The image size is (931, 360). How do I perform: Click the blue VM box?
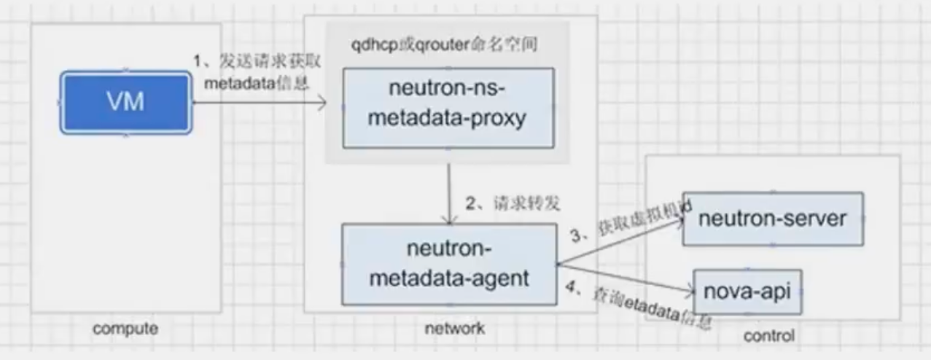click(x=126, y=102)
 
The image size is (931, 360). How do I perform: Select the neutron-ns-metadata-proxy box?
click(x=448, y=108)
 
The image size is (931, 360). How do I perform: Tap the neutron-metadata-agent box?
click(x=448, y=264)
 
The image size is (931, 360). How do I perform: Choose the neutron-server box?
click(x=773, y=219)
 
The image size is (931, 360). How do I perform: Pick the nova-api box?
click(x=747, y=291)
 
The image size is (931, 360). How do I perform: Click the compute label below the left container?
click(x=125, y=329)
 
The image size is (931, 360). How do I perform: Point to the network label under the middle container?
click(x=454, y=329)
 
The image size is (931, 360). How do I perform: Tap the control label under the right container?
click(x=768, y=336)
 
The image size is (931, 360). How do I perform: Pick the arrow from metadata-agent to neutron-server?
click(x=620, y=240)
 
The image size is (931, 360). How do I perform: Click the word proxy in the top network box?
click(x=499, y=119)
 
